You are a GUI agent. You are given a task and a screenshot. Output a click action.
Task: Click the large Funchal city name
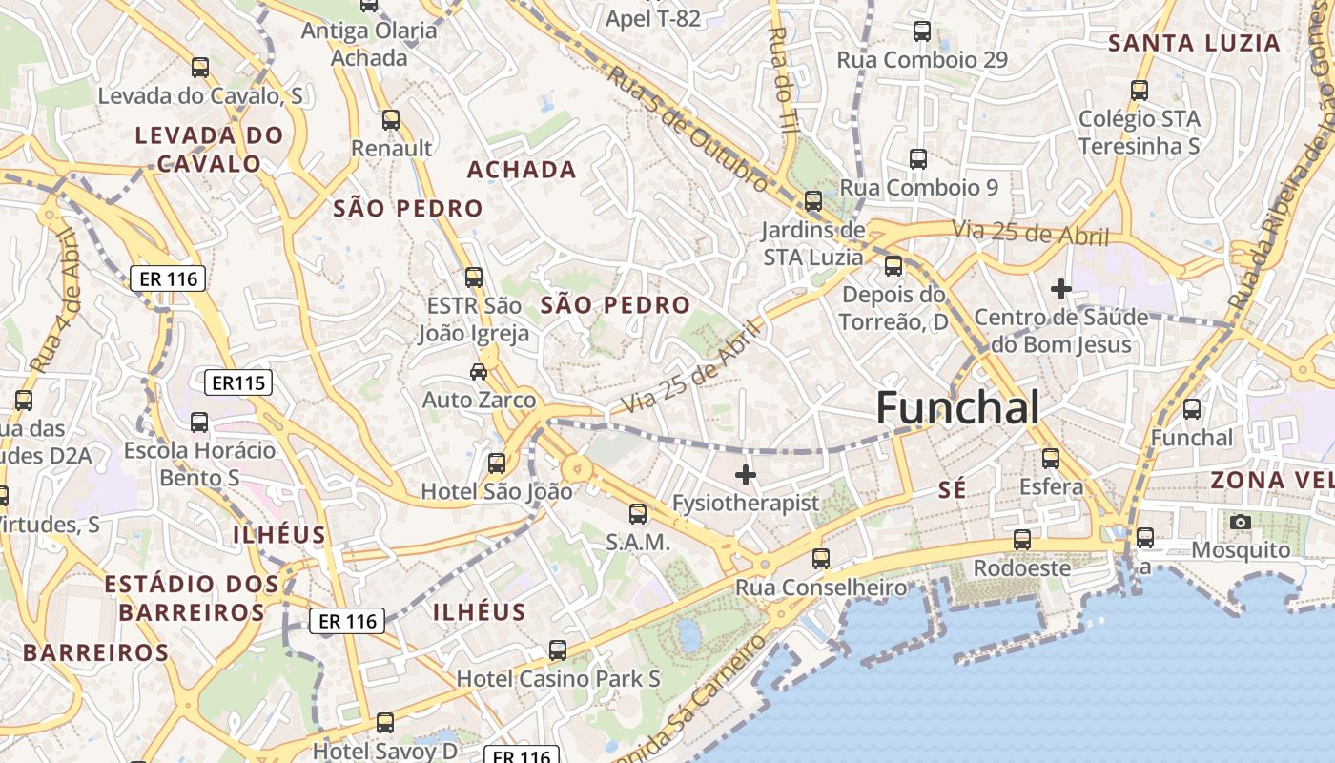pyautogui.click(x=957, y=407)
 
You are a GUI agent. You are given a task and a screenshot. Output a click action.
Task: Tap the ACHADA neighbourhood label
pyautogui.click(x=522, y=170)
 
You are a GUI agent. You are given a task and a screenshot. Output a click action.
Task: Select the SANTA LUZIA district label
pyautogui.click(x=1194, y=43)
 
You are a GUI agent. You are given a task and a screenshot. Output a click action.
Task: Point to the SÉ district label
pyautogui.click(x=953, y=489)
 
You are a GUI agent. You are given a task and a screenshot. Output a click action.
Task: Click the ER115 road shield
pyautogui.click(x=238, y=383)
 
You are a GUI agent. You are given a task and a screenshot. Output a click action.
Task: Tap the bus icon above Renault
pyautogui.click(x=391, y=120)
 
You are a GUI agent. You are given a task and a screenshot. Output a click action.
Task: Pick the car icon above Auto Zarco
pyautogui.click(x=479, y=371)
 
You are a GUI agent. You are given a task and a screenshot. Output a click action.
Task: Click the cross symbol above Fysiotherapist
pyautogui.click(x=746, y=474)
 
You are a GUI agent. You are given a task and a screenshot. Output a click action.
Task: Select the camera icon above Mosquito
pyautogui.click(x=1241, y=522)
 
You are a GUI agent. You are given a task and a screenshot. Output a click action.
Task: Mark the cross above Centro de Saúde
pyautogui.click(x=1060, y=288)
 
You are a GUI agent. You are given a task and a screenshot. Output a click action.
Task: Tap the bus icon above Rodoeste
pyautogui.click(x=1022, y=540)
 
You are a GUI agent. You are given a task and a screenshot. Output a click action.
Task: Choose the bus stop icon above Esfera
pyautogui.click(x=1051, y=459)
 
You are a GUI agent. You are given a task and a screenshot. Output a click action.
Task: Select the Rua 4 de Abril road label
pyautogui.click(x=55, y=300)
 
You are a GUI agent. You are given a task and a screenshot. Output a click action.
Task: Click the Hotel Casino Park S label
pyautogui.click(x=559, y=679)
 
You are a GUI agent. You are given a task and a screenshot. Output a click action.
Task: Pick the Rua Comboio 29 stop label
pyautogui.click(x=922, y=60)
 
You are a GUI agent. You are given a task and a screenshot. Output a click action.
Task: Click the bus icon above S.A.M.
pyautogui.click(x=638, y=514)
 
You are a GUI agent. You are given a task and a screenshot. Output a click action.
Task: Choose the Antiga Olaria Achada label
pyautogui.click(x=369, y=44)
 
